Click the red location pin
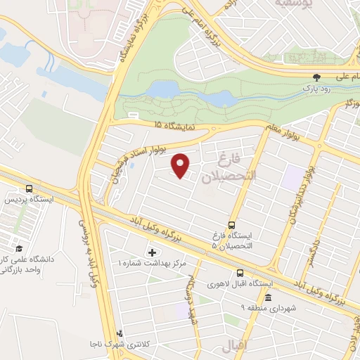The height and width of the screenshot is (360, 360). (x=181, y=165)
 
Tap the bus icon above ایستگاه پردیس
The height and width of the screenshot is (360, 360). (x=29, y=189)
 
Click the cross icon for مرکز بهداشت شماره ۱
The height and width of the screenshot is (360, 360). (x=153, y=252)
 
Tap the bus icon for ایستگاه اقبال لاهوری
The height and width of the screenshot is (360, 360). (x=240, y=273)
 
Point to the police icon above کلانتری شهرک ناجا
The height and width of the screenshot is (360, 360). (x=120, y=333)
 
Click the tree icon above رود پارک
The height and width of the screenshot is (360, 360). (x=316, y=78)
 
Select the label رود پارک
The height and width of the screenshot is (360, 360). (x=316, y=89)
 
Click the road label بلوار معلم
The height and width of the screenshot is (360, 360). (x=283, y=131)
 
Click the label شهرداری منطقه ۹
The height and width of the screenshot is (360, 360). (x=268, y=308)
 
